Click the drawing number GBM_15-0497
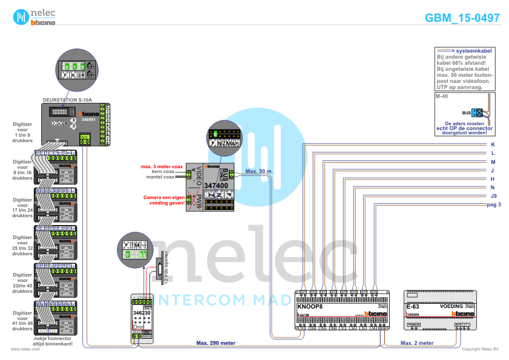(x=462, y=18)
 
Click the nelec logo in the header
(x=34, y=17)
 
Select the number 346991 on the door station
(x=88, y=120)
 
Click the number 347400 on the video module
(x=215, y=186)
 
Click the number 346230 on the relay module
(x=142, y=312)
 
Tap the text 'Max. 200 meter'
(x=215, y=343)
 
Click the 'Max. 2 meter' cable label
(x=417, y=343)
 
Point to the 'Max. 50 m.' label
(x=259, y=171)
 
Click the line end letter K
(x=493, y=145)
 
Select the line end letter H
(x=493, y=179)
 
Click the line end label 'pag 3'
(x=494, y=205)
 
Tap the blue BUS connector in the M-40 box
(x=478, y=113)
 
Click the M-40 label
(x=441, y=97)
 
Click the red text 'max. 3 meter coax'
(x=162, y=166)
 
